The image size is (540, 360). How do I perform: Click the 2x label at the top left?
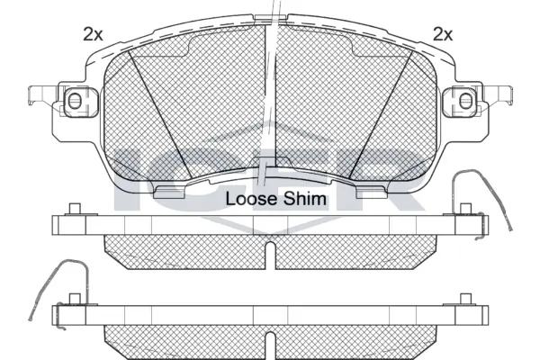coord(92,34)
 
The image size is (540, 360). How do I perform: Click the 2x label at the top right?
coord(442,34)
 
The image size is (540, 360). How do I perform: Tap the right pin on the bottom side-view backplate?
coord(464,299)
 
